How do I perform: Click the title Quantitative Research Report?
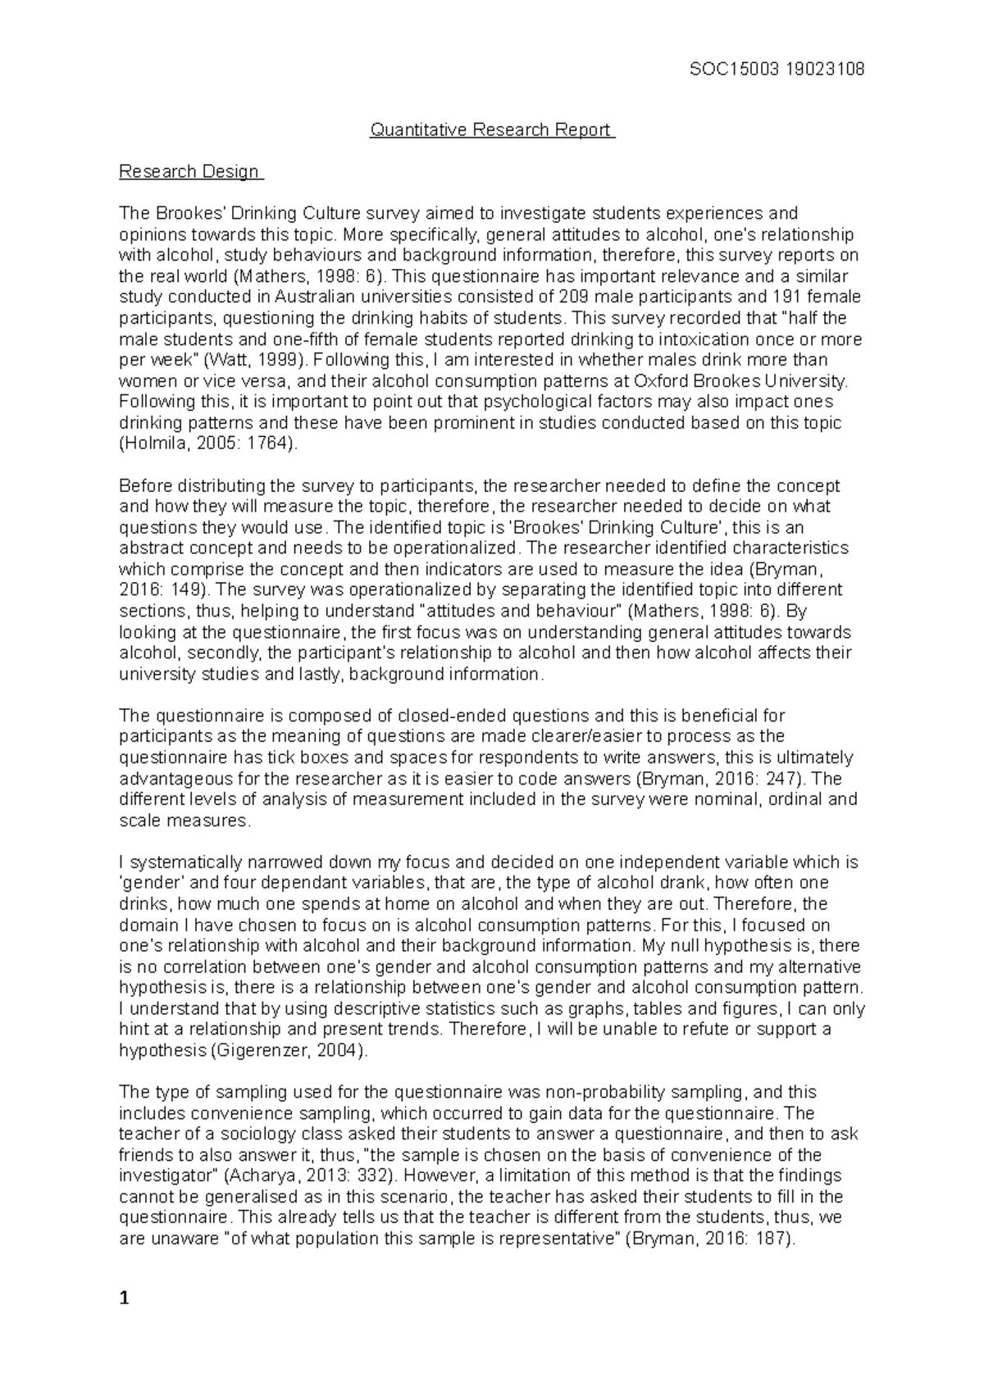coord(491,130)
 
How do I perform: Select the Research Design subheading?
coord(189,172)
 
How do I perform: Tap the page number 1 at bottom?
coord(125,1299)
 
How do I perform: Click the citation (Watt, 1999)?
coord(253,361)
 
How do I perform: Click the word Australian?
coord(319,298)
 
